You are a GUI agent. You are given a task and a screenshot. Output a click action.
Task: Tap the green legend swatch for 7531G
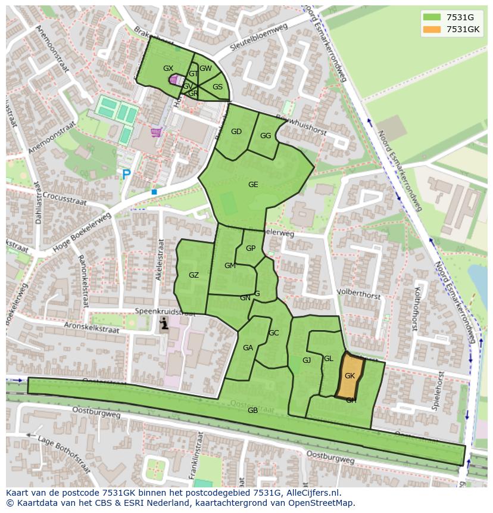[432, 17]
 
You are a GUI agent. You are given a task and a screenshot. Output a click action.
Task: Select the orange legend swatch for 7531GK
[432, 29]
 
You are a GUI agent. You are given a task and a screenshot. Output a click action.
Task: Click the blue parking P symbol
[126, 175]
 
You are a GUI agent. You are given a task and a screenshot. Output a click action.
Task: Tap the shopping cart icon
[156, 132]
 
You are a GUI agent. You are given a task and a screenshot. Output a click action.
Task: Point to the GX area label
[168, 69]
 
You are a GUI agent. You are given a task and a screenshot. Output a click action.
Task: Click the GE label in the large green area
[253, 185]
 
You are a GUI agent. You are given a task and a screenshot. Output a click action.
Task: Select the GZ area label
[194, 275]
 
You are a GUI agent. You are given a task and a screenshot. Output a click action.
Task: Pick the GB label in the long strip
[252, 411]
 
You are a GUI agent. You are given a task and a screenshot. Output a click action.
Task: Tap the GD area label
[236, 132]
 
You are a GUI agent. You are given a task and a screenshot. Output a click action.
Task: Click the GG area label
[266, 136]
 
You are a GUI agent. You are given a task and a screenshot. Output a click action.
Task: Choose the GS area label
[217, 87]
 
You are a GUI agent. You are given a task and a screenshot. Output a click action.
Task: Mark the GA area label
[248, 348]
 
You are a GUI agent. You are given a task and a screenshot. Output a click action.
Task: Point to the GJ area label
[307, 360]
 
